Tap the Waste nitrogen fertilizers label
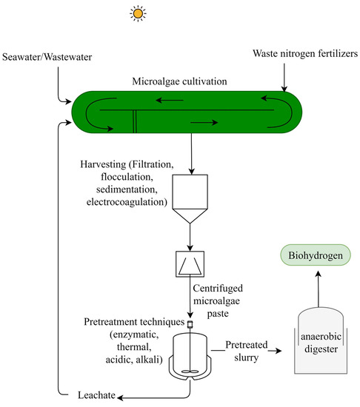click(304, 53)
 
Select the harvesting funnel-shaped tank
click(190, 200)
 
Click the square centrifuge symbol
click(190, 263)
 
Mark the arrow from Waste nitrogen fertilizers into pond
click(284, 78)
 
